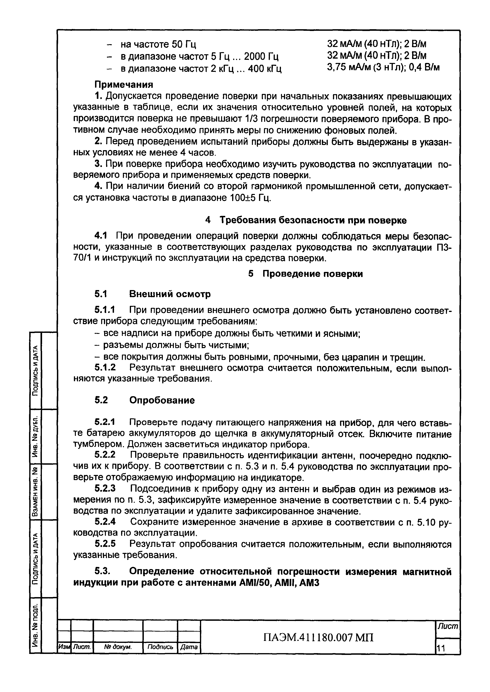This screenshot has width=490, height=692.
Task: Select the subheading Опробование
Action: coord(162,400)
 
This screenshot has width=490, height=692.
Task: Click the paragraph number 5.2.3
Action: coord(105,488)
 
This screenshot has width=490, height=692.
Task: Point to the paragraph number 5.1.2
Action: coord(105,368)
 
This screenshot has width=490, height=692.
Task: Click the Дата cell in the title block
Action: coord(189,647)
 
